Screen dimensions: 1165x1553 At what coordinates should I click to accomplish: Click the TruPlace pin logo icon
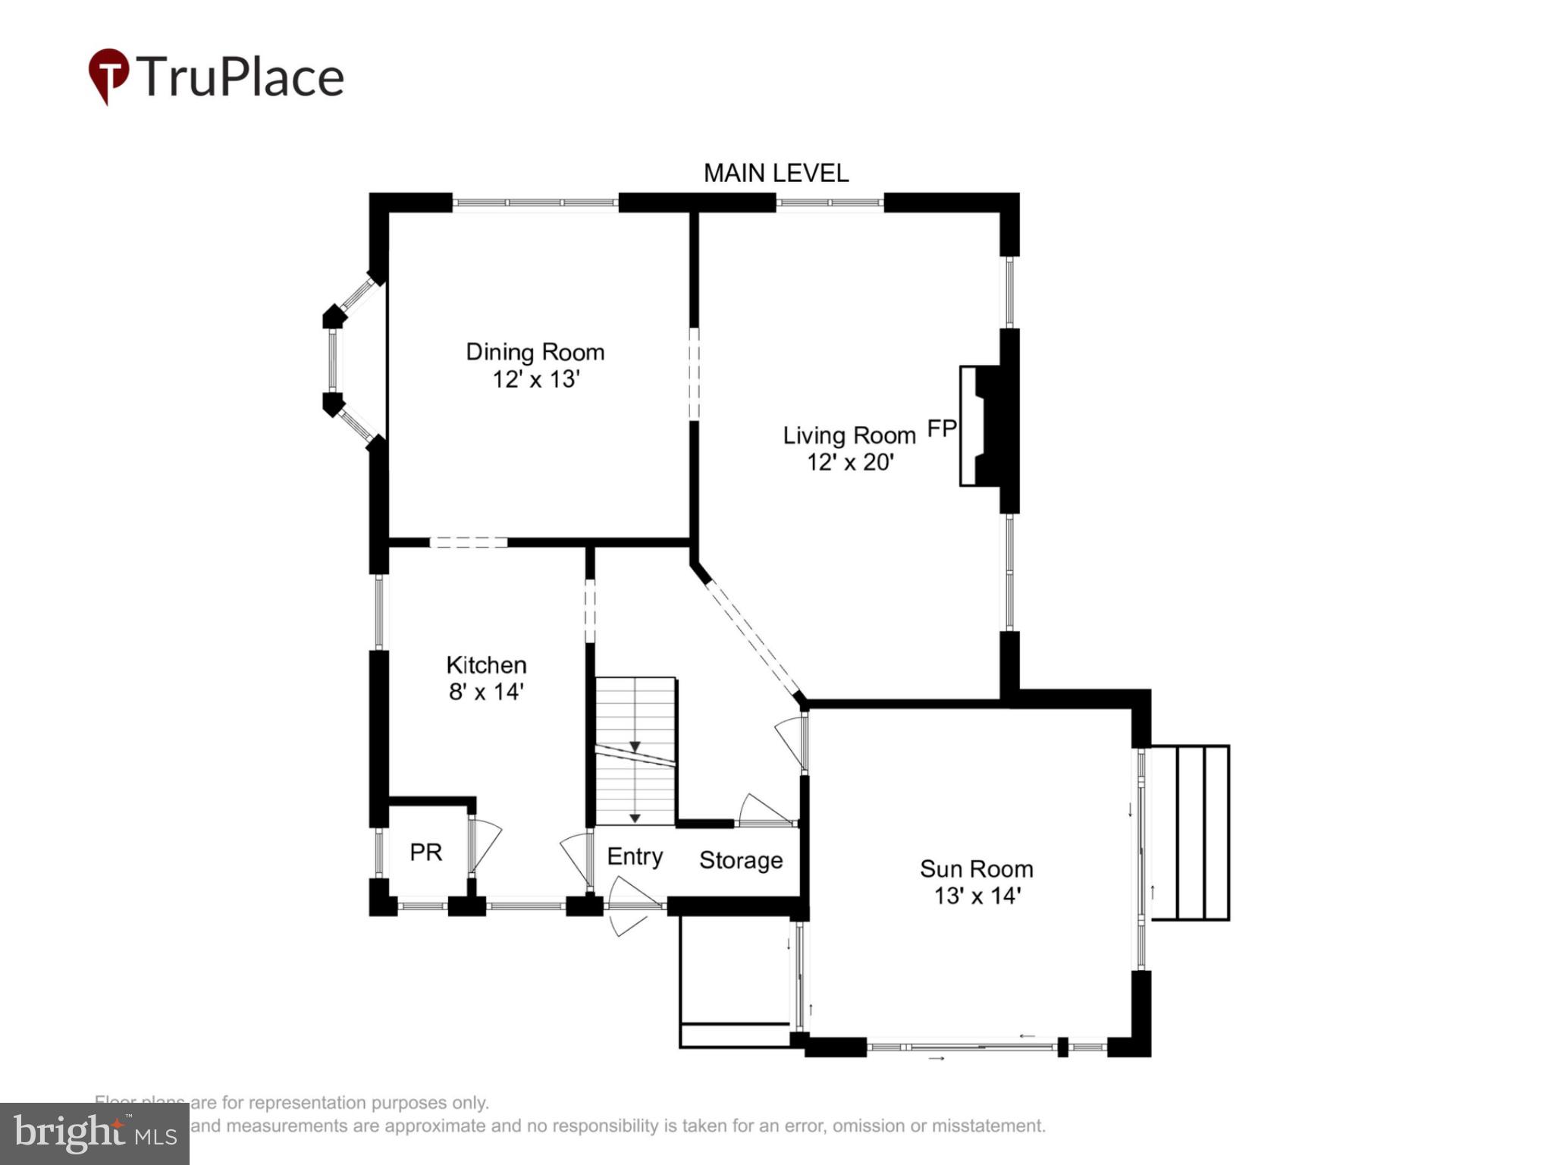tap(108, 75)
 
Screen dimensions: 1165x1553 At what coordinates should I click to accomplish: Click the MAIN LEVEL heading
tap(776, 174)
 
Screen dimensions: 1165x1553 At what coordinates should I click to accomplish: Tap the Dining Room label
tap(535, 352)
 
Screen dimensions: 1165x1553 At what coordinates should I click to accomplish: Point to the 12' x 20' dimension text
tap(850, 462)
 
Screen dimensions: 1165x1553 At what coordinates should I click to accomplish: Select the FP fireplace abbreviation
tap(942, 429)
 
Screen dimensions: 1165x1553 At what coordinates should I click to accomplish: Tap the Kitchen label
tap(486, 665)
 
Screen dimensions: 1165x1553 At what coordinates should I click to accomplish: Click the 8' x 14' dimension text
tap(486, 692)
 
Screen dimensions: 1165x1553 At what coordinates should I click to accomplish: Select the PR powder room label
tap(425, 853)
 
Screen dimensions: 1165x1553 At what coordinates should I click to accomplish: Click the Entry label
tap(635, 856)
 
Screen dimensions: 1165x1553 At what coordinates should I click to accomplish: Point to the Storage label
tap(740, 860)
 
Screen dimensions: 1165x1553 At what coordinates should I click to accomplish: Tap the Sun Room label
tap(976, 869)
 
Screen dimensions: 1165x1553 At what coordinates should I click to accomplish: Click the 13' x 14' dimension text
tap(977, 896)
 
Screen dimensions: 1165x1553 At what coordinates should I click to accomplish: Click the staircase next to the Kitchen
tap(635, 751)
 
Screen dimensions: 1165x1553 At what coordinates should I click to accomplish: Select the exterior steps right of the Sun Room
tap(1190, 833)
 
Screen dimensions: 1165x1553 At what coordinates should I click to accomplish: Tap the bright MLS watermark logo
tap(95, 1134)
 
